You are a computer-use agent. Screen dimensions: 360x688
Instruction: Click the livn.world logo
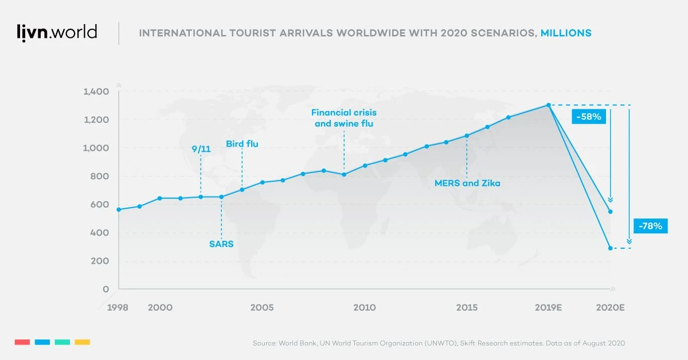[x=56, y=33]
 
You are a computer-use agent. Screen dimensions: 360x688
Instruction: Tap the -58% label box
[x=587, y=117]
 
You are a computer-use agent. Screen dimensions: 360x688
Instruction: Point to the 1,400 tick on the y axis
[x=96, y=92]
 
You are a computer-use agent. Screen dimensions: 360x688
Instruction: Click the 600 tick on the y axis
[x=99, y=205]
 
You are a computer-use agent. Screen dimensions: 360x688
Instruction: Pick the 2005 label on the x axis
[x=261, y=308]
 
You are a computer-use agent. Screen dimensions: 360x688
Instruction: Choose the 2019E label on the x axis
[x=548, y=308]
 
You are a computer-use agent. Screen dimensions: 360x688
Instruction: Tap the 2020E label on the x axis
[x=610, y=308]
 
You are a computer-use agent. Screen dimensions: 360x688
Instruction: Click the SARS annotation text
[x=221, y=244]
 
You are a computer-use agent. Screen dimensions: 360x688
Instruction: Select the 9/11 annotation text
[x=201, y=149]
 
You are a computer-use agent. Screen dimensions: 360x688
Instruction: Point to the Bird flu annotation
[x=242, y=144]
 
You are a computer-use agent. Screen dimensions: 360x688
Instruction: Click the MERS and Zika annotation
[x=467, y=183]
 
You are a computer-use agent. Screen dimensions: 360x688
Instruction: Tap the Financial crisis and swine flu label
[x=344, y=118]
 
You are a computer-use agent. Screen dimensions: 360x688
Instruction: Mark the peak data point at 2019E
[x=549, y=105]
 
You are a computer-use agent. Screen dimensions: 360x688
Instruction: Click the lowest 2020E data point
[x=610, y=248]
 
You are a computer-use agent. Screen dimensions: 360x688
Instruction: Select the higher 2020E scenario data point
[x=610, y=212]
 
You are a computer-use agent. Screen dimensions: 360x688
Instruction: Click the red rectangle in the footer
[x=22, y=342]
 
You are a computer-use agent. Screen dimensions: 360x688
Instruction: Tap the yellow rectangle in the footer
[x=83, y=342]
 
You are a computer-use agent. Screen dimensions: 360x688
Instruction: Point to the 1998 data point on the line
[x=119, y=210]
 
